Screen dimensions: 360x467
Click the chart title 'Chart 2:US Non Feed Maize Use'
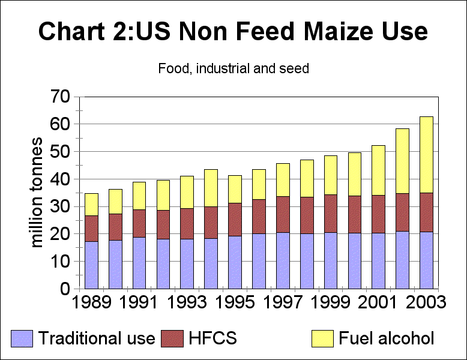tap(233, 32)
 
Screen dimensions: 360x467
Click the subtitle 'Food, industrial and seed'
tap(233, 68)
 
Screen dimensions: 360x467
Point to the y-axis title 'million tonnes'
tap(37, 192)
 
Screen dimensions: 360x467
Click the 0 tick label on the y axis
tap(64, 289)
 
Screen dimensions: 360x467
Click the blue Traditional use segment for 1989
tap(91, 265)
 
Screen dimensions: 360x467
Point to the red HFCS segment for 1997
tap(283, 214)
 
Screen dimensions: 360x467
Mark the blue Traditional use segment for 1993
tap(187, 263)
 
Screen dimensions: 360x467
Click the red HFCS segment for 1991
tap(139, 223)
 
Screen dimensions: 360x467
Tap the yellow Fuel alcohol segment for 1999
tap(331, 175)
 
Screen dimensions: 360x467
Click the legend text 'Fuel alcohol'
tap(386, 338)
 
